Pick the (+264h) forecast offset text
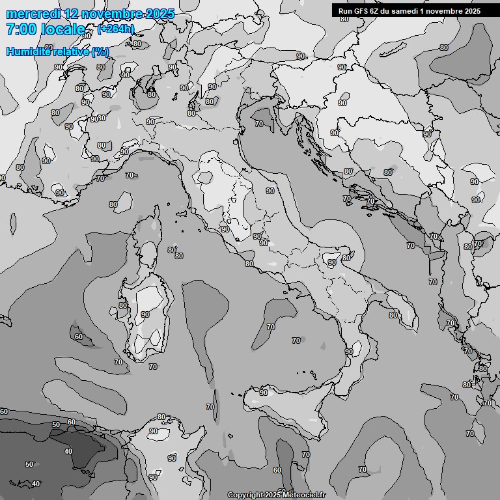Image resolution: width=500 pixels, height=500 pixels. [117, 29]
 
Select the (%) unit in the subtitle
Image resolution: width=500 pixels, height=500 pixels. [100, 51]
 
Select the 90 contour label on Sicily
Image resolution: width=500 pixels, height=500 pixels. [264, 393]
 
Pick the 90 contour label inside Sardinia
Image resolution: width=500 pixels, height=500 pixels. [145, 315]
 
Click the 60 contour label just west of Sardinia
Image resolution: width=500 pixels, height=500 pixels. [79, 337]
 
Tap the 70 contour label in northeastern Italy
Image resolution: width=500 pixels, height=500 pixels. [259, 123]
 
